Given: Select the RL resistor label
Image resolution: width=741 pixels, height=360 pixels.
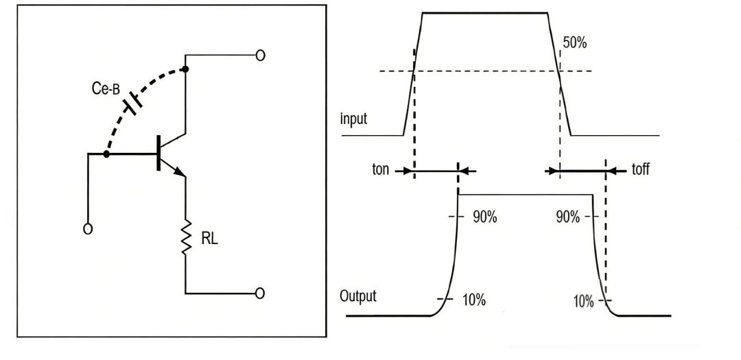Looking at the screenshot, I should point(209,240).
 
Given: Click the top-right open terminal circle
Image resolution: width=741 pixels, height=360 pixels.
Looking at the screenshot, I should point(260,56).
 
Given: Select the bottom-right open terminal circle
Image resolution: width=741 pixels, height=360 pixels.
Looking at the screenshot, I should point(260,293).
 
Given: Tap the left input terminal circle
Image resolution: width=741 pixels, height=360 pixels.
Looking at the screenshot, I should point(87,229).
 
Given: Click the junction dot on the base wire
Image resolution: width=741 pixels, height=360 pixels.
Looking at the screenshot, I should point(106,154).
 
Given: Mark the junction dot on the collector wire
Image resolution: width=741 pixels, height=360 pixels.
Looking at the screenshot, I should point(185,69).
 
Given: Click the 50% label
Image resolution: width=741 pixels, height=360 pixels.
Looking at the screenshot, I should point(574,43).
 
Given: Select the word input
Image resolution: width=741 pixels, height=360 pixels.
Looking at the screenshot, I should point(354,119).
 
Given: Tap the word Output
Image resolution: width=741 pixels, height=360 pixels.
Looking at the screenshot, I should point(358,297).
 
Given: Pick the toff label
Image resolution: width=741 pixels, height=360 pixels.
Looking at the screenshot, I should point(640,169).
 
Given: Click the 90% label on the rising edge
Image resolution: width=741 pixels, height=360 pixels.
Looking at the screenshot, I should point(485,217).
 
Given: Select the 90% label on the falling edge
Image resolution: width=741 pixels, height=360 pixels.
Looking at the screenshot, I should point(568,217).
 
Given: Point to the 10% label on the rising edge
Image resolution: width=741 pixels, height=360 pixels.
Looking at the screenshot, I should point(473,300).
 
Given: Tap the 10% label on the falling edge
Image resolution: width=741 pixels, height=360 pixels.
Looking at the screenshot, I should point(583,302).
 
